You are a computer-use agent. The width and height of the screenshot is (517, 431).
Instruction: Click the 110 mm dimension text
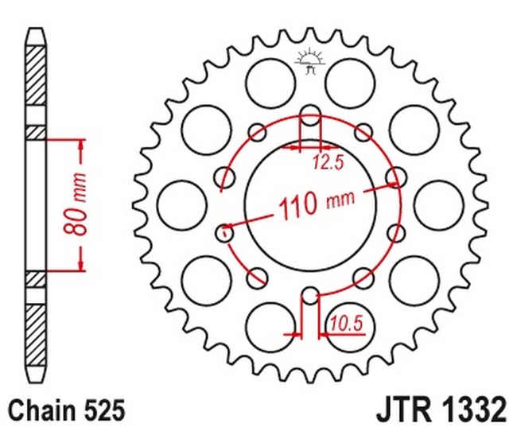pyautogui.click(x=317, y=205)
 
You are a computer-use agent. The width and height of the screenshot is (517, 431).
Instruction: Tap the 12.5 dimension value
pyautogui.click(x=328, y=162)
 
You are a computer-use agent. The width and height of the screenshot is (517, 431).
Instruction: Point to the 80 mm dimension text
pyautogui.click(x=76, y=205)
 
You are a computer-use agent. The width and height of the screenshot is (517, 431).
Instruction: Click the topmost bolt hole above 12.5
pyautogui.click(x=310, y=115)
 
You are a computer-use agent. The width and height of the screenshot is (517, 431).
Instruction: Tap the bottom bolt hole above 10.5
pyautogui.click(x=310, y=296)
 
